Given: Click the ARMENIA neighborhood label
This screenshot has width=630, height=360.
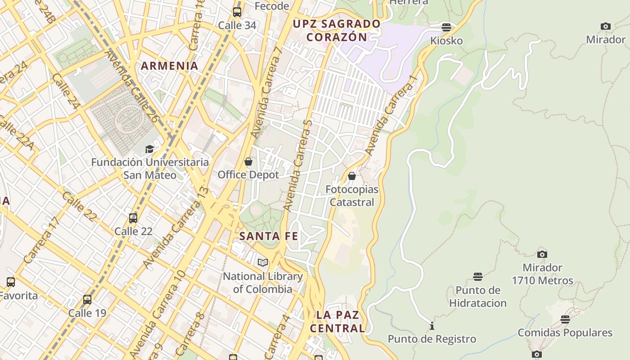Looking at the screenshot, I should [170, 66].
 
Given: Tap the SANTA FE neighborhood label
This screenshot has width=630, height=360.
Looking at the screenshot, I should [269, 236].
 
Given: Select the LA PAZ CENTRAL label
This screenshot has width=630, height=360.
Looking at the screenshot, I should [337, 321].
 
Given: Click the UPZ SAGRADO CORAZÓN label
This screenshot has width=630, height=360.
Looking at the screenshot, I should [337, 30].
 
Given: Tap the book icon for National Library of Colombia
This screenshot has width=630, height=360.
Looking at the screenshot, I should [263, 262].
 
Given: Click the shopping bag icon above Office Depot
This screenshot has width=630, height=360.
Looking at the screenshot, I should [248, 161].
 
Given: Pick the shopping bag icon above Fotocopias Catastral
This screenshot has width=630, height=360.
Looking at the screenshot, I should [352, 175].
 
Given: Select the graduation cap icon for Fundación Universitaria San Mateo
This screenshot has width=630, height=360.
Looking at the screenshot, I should [149, 149].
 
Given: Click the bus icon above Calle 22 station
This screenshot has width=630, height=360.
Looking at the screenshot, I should [133, 218].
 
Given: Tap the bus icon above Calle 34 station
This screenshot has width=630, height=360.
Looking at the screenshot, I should [237, 12].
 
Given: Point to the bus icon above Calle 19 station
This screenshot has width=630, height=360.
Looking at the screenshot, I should [87, 300].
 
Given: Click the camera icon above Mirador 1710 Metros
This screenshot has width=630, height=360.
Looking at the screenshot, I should [542, 254].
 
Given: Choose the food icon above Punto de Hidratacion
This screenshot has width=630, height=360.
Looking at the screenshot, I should [478, 276].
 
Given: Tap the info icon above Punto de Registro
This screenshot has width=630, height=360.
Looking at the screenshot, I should [432, 325].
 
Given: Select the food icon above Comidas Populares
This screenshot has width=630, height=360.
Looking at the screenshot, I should [565, 319].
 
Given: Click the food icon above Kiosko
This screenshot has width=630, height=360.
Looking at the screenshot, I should [446, 27].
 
